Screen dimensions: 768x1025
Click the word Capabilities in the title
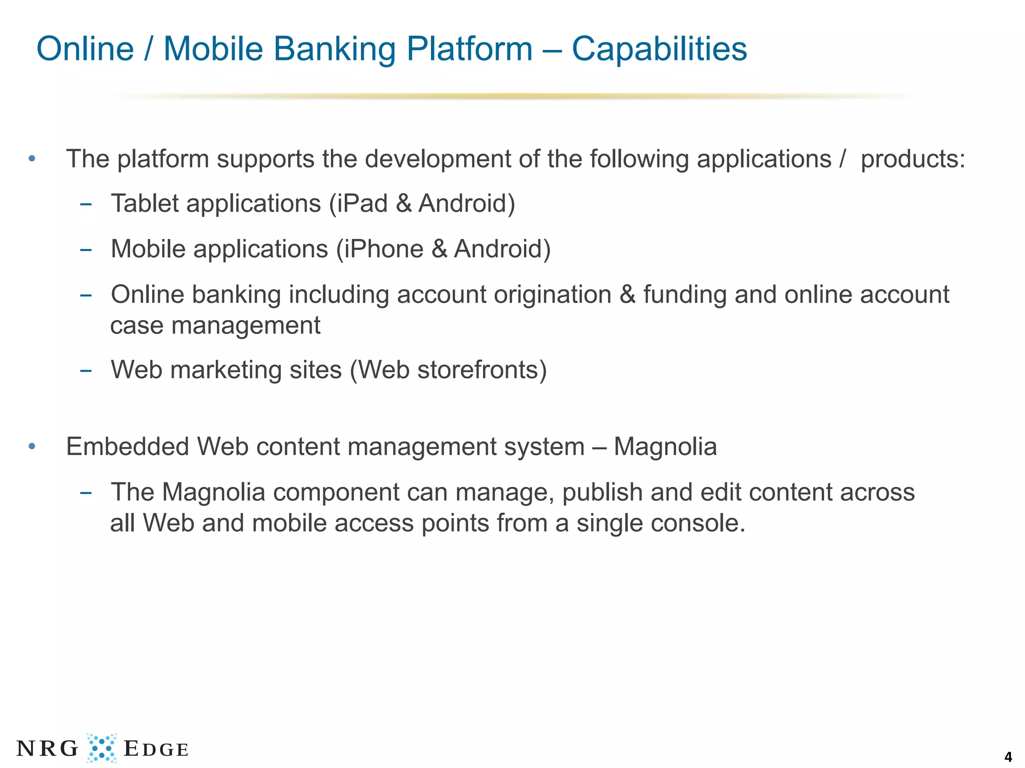[659, 49]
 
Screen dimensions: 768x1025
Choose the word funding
[685, 294]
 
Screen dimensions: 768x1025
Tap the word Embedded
[127, 446]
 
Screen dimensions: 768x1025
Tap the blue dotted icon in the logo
[102, 748]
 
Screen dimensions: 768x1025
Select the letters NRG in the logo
[48, 748]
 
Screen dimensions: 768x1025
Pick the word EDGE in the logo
[156, 749]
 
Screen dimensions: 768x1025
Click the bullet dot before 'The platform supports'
[32, 159]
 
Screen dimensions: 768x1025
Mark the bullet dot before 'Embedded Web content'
[32, 446]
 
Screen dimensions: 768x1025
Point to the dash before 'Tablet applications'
[86, 204]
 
